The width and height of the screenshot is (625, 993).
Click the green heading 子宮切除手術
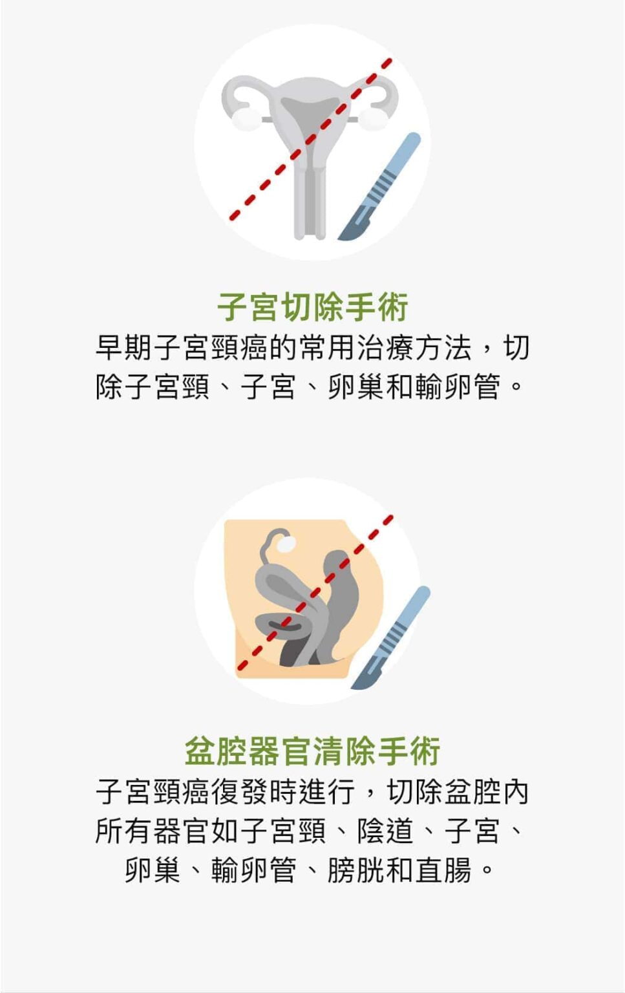[x=313, y=307]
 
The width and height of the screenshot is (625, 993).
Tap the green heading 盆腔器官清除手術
[x=313, y=751]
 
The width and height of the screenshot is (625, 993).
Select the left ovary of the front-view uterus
[x=244, y=118]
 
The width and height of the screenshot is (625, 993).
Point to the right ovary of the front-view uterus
[x=372, y=118]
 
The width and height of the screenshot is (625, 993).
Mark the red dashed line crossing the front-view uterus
[x=311, y=139]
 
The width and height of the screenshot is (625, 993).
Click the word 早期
[x=124, y=348]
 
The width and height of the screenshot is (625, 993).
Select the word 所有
[x=124, y=831]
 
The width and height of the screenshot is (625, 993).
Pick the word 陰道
[x=386, y=831]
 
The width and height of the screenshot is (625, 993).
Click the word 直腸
[x=443, y=870]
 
